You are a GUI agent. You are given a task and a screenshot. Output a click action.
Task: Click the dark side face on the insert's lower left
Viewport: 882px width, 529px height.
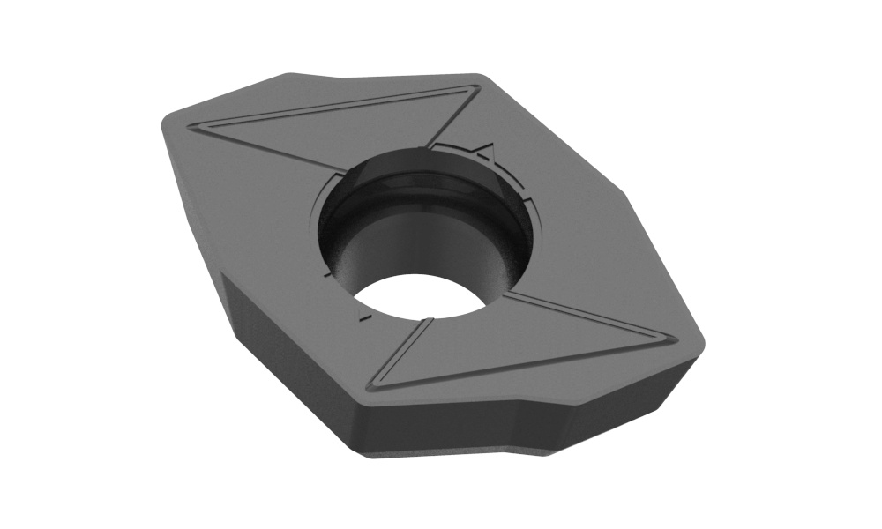click(x=282, y=353)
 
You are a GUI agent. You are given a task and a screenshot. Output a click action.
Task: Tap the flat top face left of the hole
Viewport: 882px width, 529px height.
click(x=247, y=203)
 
